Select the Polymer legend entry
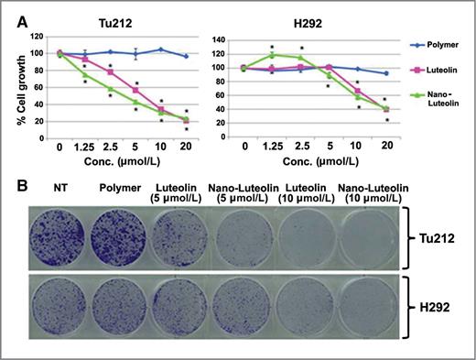coord(432,42)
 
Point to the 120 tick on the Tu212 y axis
coord(36,38)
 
